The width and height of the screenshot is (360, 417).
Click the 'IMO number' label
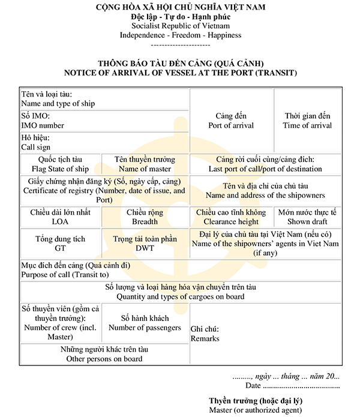pyautogui.click(x=43, y=125)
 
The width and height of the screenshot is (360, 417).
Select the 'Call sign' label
pyautogui.click(x=36, y=147)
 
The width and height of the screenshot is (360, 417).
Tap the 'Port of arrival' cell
pyautogui.click(x=231, y=125)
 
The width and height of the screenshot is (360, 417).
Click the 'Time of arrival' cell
pyautogui.click(x=307, y=125)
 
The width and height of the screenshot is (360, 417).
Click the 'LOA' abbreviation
pyautogui.click(x=60, y=222)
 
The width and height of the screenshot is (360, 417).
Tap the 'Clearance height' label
pyautogui.click(x=231, y=222)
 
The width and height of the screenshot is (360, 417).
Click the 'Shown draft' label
pyautogui.click(x=307, y=222)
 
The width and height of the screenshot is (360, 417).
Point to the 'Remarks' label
pyautogui.click(x=205, y=338)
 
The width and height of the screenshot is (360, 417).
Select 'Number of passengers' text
pyautogui.click(x=145, y=328)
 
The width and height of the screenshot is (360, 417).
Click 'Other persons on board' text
pyautogui.click(x=104, y=359)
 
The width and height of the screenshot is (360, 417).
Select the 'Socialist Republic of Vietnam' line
pyautogui.click(x=180, y=26)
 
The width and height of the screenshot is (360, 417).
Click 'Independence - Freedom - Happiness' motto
pyautogui.click(x=180, y=35)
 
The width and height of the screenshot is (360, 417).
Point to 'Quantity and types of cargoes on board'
pyautogui.click(x=179, y=296)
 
